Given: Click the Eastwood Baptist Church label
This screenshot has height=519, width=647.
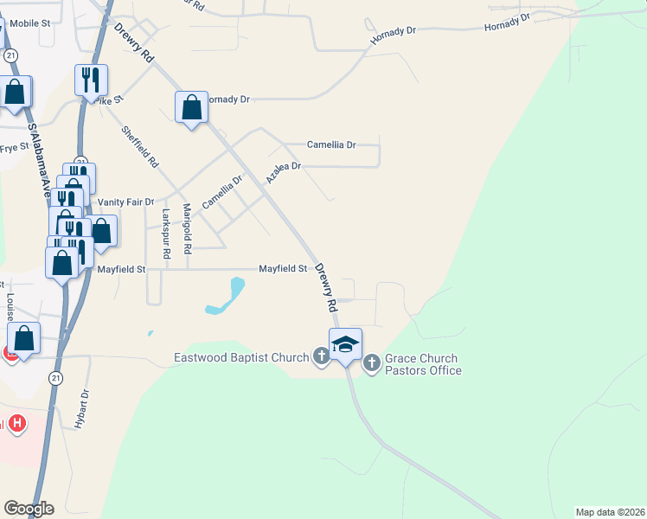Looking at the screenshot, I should [241, 357].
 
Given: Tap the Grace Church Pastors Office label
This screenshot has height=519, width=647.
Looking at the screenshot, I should [423, 364].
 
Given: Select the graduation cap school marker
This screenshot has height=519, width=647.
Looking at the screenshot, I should [345, 344].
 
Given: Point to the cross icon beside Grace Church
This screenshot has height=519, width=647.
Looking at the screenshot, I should [372, 362].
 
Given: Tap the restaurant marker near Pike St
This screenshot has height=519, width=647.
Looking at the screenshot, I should [91, 81].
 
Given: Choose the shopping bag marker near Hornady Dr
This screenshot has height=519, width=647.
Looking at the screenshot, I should [192, 108].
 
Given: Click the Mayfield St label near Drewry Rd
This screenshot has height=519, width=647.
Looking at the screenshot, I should [283, 269].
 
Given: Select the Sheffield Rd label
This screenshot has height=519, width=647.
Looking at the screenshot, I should [140, 147].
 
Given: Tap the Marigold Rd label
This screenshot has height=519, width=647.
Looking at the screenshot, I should [187, 228].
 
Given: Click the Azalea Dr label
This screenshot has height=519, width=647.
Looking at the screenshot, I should [283, 172].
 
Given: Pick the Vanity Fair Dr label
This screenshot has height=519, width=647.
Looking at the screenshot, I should [125, 202].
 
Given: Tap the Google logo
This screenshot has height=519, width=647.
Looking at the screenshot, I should [29, 509].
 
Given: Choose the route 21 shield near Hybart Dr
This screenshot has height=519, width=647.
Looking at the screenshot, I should [56, 378].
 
